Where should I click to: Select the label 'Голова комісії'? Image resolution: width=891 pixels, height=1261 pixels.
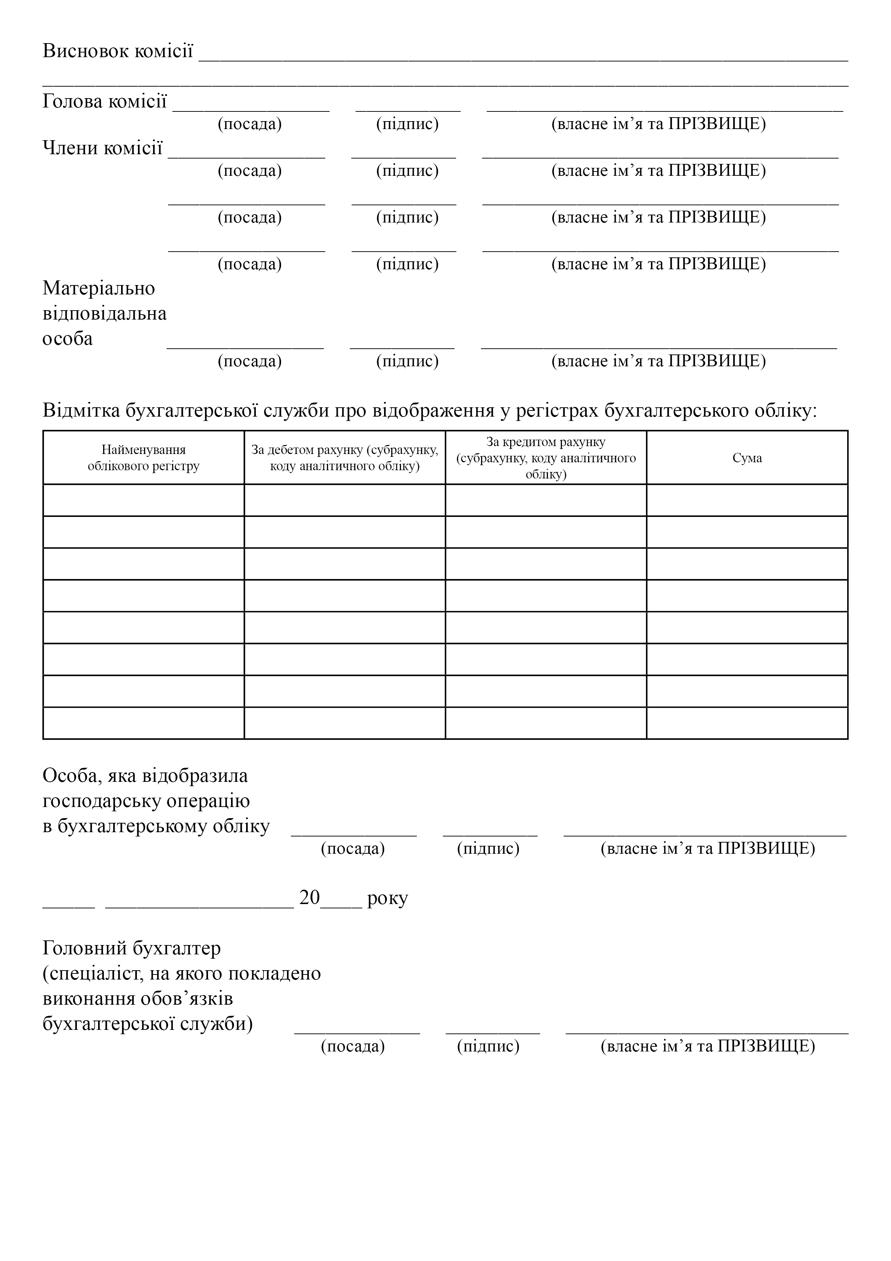pyautogui.click(x=104, y=102)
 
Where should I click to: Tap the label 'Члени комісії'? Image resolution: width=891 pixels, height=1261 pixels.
pyautogui.click(x=103, y=148)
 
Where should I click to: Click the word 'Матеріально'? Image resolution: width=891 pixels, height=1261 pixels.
pyautogui.click(x=99, y=288)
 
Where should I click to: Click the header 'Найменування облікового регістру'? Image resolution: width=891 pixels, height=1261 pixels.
pyautogui.click(x=143, y=458)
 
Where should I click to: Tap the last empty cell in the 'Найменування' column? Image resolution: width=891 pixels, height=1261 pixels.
pyautogui.click(x=143, y=723)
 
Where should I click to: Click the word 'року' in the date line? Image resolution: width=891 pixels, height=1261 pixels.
pyautogui.click(x=388, y=898)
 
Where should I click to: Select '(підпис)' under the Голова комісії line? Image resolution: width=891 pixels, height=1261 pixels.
pyautogui.click(x=407, y=124)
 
